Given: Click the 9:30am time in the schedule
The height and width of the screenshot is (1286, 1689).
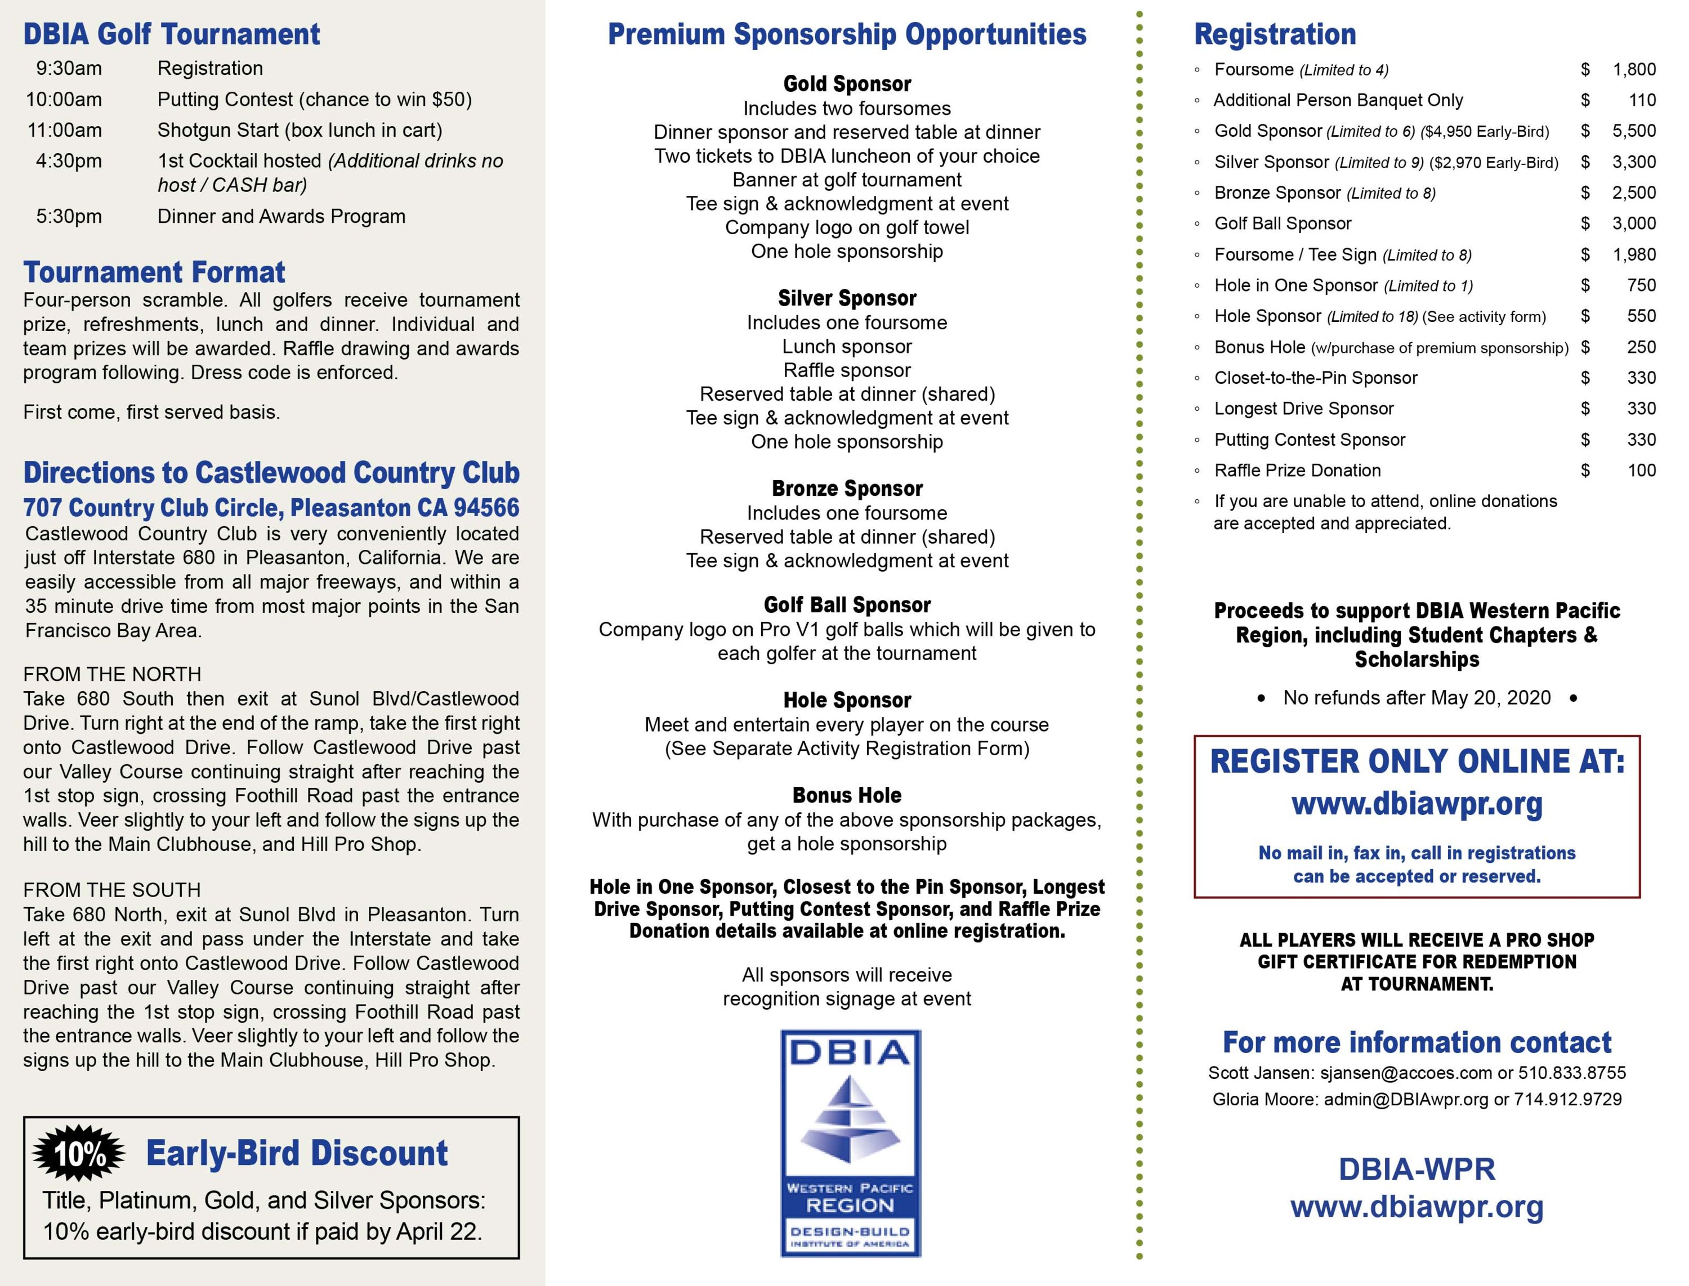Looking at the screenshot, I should (68, 69).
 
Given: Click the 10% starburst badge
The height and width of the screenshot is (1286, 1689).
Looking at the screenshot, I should (79, 1153).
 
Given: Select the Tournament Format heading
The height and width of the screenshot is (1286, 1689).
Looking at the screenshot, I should (154, 272).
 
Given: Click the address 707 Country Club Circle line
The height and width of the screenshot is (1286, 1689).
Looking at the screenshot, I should (271, 508).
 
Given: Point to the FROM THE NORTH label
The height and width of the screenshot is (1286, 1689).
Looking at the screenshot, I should (112, 674).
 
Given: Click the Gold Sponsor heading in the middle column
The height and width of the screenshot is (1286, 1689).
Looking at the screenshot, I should (847, 83).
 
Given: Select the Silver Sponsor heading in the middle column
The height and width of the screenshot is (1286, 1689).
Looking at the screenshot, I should (847, 298).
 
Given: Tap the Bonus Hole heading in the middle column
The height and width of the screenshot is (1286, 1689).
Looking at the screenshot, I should (847, 795).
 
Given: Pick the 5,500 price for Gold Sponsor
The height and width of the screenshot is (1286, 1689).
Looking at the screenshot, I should (1634, 131).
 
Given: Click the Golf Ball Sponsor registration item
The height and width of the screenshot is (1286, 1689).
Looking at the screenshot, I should (1283, 223).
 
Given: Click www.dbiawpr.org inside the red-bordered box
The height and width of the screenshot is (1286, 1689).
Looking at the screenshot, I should (1417, 804).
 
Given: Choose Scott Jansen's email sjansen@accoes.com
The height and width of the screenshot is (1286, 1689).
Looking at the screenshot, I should (1406, 1073).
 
